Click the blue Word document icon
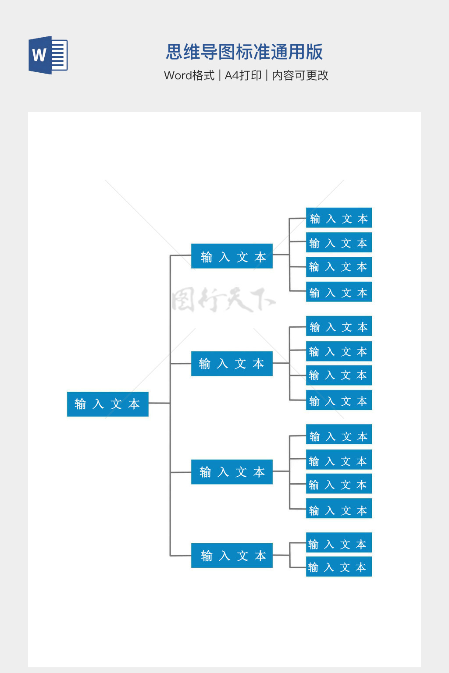tap(48, 55)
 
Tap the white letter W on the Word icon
tap(39, 55)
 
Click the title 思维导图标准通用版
tap(244, 52)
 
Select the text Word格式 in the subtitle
tap(189, 75)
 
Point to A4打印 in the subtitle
tap(243, 75)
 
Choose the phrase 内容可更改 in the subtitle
tap(300, 75)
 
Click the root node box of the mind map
tap(107, 404)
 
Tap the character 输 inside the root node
tap(80, 404)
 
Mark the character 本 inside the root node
tap(134, 404)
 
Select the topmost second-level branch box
tap(232, 256)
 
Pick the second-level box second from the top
tap(232, 364)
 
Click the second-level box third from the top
tap(232, 472)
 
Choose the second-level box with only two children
tap(232, 556)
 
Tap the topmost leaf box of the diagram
tap(339, 218)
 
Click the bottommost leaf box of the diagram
tap(339, 567)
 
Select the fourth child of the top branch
tap(339, 292)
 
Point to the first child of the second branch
tap(339, 326)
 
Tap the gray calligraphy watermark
tap(223, 300)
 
